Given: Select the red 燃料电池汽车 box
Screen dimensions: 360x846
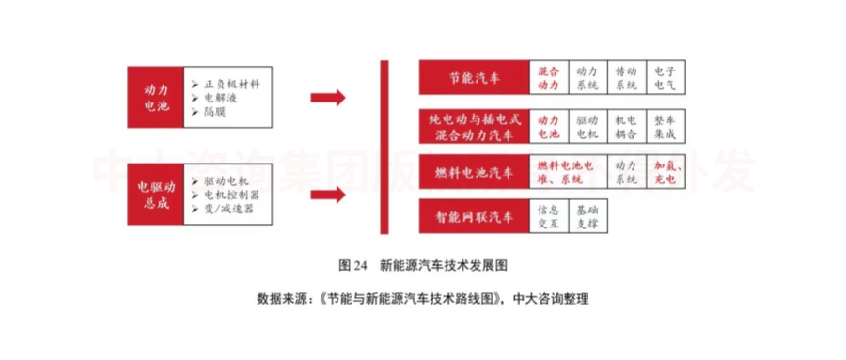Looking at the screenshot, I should pos(475,173).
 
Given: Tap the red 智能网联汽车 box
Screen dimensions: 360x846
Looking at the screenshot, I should pos(475,217).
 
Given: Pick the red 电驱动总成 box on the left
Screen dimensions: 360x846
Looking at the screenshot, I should pos(155,194).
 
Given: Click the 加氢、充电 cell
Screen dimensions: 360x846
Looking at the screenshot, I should pos(665,173).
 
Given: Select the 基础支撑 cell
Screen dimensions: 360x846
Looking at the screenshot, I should pos(587,217).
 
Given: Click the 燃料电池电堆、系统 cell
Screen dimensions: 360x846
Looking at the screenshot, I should pos(568,173).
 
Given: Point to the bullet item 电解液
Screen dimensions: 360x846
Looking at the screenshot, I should pos(224,97).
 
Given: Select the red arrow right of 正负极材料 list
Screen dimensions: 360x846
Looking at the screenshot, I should pos(327,97).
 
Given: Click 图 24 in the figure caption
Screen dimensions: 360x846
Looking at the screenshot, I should pos(353,264).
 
